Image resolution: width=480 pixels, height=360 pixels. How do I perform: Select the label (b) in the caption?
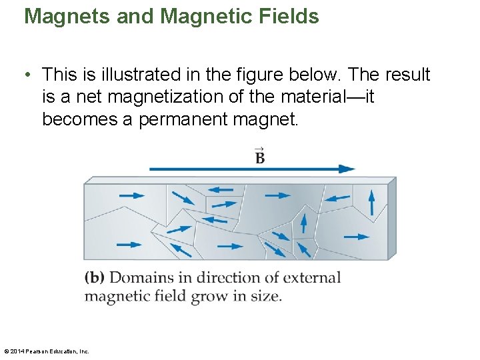(95, 278)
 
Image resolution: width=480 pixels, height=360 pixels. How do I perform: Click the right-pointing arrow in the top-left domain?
(131, 196)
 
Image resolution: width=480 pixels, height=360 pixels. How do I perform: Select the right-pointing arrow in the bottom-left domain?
(129, 245)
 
